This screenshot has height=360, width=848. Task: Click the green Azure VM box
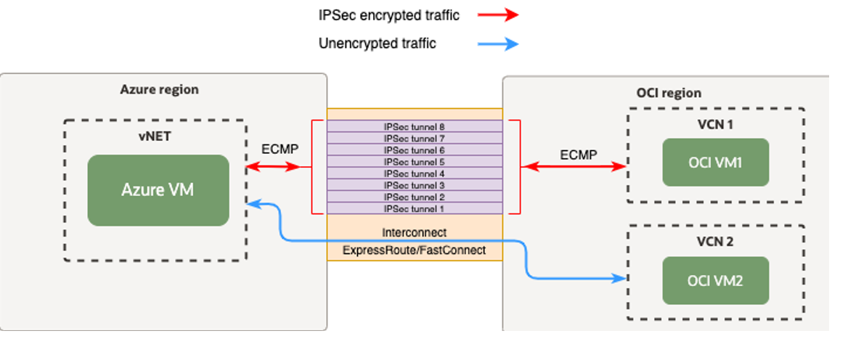(158, 190)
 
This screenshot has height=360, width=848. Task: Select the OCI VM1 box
(714, 163)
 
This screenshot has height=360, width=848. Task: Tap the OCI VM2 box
(714, 281)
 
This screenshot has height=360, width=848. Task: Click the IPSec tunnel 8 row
(414, 126)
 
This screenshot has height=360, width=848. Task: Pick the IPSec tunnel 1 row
(414, 208)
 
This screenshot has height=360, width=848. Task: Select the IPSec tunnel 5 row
(414, 162)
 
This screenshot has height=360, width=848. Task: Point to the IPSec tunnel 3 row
(414, 185)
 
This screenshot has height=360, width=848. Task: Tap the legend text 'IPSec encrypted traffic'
(388, 15)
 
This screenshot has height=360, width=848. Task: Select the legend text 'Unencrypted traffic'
(377, 44)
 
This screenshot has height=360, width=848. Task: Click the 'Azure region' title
(159, 90)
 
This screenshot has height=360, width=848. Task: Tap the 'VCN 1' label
(714, 123)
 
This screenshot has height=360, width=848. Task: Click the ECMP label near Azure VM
(280, 150)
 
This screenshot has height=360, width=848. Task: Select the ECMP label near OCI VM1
(579, 155)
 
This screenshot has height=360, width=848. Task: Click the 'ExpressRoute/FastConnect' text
(414, 250)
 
